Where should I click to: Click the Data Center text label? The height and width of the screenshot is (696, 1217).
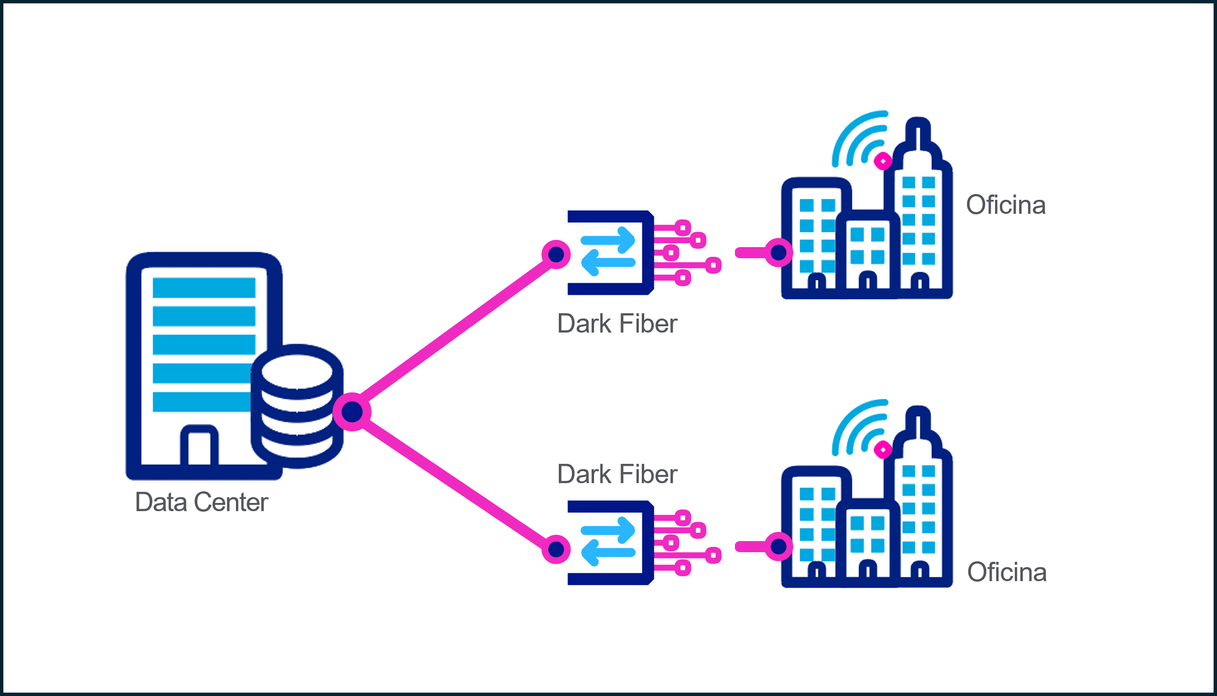[x=201, y=502]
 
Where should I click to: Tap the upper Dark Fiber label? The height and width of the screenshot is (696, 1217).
[x=617, y=323]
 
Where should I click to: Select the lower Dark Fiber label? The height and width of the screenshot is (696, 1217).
[x=617, y=474]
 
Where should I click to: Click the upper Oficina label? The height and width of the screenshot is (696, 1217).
[x=1006, y=205]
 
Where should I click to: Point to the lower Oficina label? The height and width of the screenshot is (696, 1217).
[x=1007, y=572]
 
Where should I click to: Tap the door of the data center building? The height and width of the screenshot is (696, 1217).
[x=199, y=446]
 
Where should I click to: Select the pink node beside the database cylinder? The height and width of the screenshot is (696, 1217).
[x=352, y=412]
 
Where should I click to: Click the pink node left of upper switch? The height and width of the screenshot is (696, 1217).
[x=556, y=254]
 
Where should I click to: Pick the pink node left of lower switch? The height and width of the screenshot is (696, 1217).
[x=556, y=549]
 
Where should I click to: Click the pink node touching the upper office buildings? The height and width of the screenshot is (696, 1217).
[x=778, y=252]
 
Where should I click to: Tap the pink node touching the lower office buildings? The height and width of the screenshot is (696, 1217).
[x=778, y=546]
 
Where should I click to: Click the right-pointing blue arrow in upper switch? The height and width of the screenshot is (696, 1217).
[x=608, y=240]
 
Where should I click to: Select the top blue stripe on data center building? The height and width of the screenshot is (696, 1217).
[x=204, y=288]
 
